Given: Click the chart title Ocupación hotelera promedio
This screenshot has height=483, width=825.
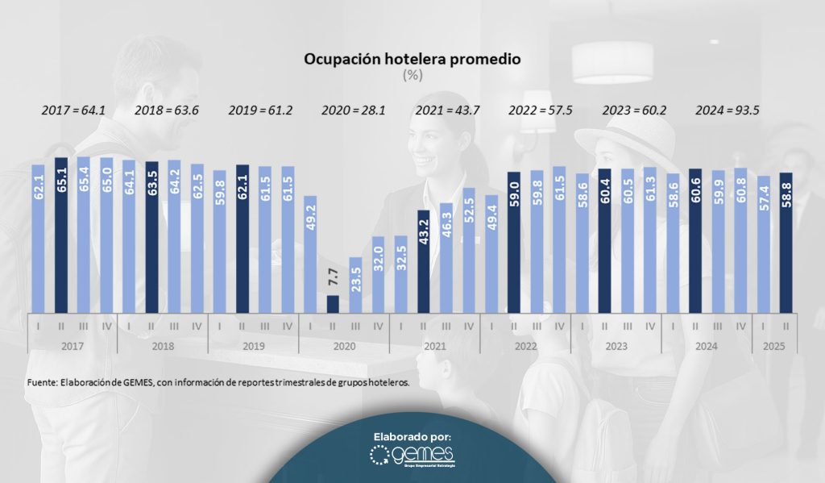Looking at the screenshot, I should click(412, 60).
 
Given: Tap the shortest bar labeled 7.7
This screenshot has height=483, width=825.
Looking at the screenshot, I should click(333, 303).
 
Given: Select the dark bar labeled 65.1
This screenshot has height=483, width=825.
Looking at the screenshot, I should click(60, 234).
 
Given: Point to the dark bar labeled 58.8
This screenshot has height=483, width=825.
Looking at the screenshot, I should click(786, 241).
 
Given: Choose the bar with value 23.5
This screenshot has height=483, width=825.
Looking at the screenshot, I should click(355, 284).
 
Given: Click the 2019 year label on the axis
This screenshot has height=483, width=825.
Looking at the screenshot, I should click(253, 345).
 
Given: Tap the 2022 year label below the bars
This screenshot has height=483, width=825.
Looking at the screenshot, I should click(525, 345).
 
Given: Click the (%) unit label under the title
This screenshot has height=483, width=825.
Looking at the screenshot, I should click(412, 75).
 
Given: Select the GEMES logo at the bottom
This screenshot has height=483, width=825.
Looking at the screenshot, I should click(412, 456).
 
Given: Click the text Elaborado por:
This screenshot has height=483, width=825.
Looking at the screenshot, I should click(412, 436).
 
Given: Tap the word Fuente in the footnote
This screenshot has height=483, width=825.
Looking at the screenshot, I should click(41, 383).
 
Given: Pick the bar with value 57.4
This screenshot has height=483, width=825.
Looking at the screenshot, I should click(764, 244).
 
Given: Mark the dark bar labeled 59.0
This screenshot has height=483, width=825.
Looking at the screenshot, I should click(514, 241).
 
